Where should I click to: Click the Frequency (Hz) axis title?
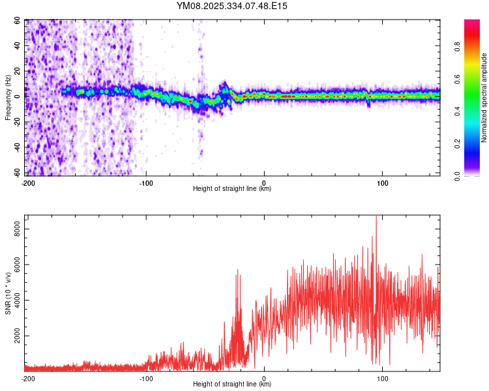pyautogui.click(x=8, y=98)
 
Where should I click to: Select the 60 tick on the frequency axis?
pyautogui.click(x=18, y=20)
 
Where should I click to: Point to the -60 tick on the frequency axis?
pyautogui.click(x=16, y=173)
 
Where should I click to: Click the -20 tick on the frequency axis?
pyautogui.click(x=16, y=121)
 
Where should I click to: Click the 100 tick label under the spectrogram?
pyautogui.click(x=383, y=182)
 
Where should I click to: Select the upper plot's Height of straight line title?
pyautogui.click(x=232, y=189)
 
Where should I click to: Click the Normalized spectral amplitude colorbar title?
pyautogui.click(x=484, y=98)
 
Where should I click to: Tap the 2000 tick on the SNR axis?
pyautogui.click(x=14, y=336)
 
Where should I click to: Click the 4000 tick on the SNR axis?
pyautogui.click(x=14, y=300)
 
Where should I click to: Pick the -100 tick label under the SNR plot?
pyautogui.click(x=145, y=378)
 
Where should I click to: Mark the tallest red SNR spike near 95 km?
pyautogui.click(x=376, y=218)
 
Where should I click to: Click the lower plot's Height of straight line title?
pyautogui.click(x=232, y=384)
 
